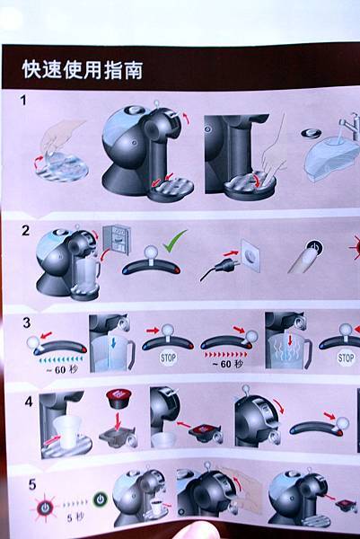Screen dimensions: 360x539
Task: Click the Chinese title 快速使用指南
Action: click(83, 70)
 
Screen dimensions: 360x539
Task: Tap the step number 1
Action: click(23, 101)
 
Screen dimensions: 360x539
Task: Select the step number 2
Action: click(26, 230)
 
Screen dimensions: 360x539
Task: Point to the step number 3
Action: click(26, 323)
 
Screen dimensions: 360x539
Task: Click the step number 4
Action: click(29, 402)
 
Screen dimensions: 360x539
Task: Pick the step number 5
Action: click(32, 485)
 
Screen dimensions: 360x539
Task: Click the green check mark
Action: click(175, 242)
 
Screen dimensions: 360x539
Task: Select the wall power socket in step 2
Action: click(250, 256)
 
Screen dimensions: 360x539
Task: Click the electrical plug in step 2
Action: click(215, 269)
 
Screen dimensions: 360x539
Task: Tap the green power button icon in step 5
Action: click(100, 499)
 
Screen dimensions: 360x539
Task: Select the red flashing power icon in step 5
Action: click(45, 508)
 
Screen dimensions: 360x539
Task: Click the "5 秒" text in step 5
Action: click(75, 517)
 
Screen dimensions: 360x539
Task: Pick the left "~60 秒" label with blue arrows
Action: click(62, 370)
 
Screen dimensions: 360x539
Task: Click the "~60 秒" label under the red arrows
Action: click(227, 364)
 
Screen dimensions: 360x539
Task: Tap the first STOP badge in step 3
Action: click(168, 358)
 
